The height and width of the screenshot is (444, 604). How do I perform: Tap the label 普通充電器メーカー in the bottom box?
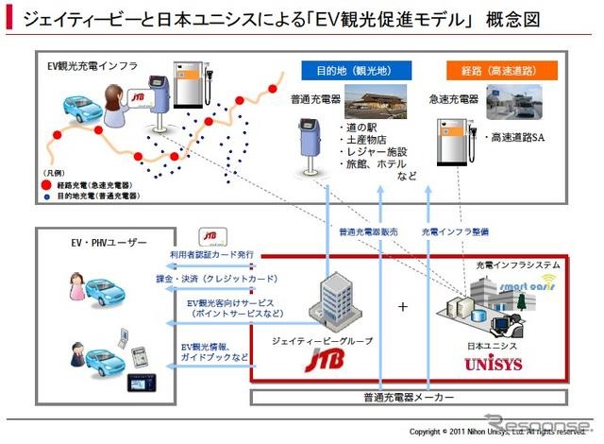(408, 397)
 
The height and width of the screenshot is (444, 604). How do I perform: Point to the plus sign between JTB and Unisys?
(403, 307)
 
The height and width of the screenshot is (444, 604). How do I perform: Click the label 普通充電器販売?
(368, 231)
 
